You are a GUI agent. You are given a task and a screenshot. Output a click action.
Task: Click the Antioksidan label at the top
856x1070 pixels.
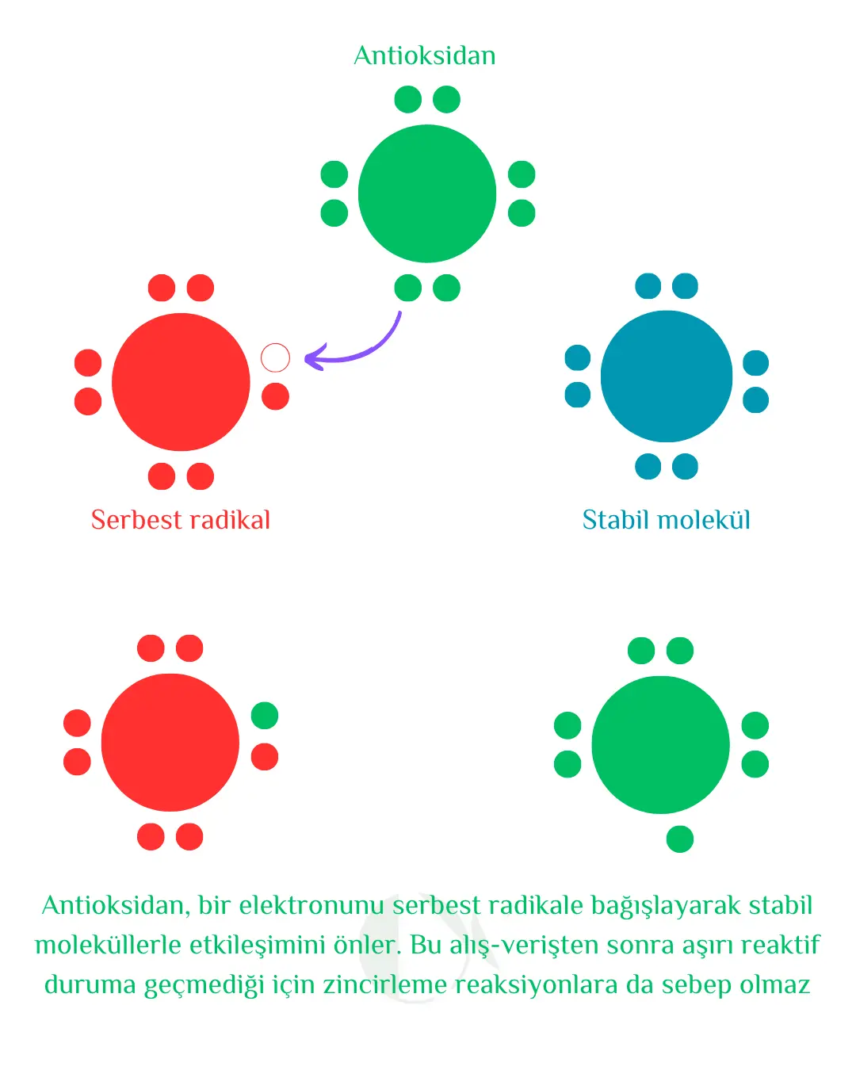point(425,55)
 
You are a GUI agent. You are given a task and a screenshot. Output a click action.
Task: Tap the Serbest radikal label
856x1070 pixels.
point(181,520)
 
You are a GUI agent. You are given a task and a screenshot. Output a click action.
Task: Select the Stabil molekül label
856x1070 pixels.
point(666,520)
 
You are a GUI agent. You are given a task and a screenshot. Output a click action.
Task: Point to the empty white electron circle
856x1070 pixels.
point(275,357)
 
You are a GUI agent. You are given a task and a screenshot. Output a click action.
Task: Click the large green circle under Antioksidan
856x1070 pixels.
point(427,193)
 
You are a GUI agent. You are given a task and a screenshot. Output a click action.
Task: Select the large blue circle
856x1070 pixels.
point(667,376)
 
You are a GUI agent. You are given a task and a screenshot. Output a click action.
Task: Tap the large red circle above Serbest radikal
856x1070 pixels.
point(181,382)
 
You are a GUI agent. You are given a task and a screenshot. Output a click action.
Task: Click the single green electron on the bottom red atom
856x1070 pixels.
point(265,715)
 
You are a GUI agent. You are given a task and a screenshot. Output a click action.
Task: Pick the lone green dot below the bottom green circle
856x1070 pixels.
point(680,839)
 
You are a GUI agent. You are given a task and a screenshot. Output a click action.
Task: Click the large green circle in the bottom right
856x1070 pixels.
point(660,744)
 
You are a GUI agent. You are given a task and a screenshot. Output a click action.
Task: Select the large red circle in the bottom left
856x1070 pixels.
point(170,742)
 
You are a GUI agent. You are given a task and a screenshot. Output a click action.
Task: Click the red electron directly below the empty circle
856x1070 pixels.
point(275,396)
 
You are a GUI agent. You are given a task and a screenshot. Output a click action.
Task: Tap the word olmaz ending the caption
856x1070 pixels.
point(774,984)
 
